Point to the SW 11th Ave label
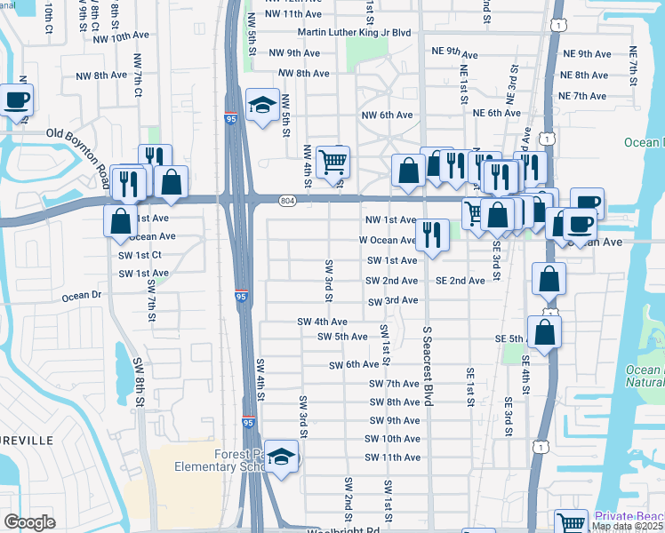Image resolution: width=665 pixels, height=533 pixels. (392, 457)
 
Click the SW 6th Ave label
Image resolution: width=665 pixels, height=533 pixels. (355, 365)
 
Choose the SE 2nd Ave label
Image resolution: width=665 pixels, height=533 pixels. (460, 281)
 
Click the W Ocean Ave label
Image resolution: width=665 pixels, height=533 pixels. (387, 240)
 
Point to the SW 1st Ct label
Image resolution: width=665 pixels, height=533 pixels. (140, 255)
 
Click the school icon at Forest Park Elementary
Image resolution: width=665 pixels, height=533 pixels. (282, 457)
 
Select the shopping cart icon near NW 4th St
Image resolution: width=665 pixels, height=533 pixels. (332, 162)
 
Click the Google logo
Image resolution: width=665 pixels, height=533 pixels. (29, 522)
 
